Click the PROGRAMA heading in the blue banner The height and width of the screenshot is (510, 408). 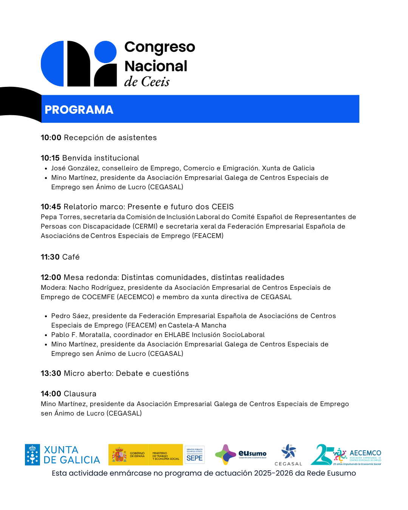coord(79,110)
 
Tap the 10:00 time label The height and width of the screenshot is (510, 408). coord(51,138)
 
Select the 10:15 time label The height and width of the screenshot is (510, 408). coord(50,158)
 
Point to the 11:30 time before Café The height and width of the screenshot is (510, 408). coord(50,257)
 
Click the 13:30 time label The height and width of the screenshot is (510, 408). coord(51,373)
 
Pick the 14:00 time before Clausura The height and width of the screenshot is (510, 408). coord(51,394)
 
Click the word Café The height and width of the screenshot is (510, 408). coord(71,257)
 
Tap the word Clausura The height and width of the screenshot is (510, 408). coord(80,394)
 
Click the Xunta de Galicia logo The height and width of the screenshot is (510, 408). coord(63,455)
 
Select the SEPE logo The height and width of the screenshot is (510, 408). coord(195,455)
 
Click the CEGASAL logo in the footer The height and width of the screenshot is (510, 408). coord(289,455)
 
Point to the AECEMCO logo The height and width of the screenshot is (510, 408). coord(346,454)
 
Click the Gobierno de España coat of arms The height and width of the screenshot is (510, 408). coord(119,455)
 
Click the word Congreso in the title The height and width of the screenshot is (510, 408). coord(160,47)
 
